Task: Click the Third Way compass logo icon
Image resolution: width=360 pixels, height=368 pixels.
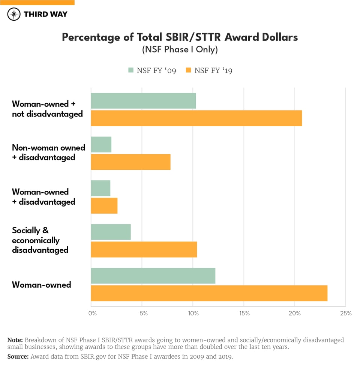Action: point(14,14)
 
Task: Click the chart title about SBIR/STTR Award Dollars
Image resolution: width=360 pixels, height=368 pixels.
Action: point(180,37)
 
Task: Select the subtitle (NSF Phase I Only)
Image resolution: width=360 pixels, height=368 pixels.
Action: point(180,49)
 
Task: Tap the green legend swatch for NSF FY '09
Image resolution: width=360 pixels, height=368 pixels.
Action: point(131,70)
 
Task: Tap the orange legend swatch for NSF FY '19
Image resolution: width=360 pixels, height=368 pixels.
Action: point(188,70)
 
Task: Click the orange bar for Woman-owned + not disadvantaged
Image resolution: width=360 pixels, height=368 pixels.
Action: point(196,118)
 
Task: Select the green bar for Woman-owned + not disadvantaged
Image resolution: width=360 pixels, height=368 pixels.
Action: point(143,101)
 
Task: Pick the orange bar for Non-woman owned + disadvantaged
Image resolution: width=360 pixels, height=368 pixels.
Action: point(130,162)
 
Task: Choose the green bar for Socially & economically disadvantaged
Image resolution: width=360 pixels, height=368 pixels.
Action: point(111,232)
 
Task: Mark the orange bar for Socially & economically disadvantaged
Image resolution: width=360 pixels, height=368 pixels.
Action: point(144,249)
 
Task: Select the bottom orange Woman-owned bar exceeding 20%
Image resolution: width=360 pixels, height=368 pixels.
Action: point(209,293)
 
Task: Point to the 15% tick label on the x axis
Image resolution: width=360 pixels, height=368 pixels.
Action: point(244,313)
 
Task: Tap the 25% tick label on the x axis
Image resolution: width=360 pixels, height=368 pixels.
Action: point(345,313)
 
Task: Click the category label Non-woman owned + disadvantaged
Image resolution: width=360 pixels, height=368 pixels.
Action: point(48,152)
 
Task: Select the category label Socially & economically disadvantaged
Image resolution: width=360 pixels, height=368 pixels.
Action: point(40,240)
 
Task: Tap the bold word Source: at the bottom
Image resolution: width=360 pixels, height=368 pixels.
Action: point(18,356)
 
